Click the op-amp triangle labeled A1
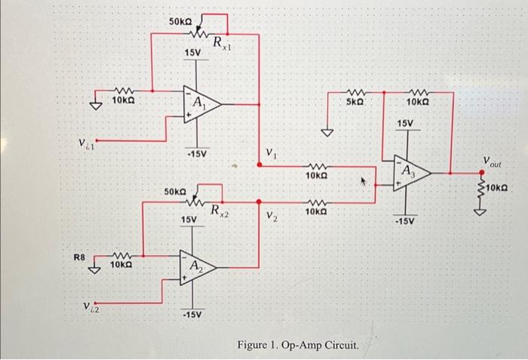click(201, 103)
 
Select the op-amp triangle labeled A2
click(198, 266)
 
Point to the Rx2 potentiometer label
click(220, 211)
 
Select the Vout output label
click(497, 161)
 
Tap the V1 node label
click(272, 155)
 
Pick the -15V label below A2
click(192, 314)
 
